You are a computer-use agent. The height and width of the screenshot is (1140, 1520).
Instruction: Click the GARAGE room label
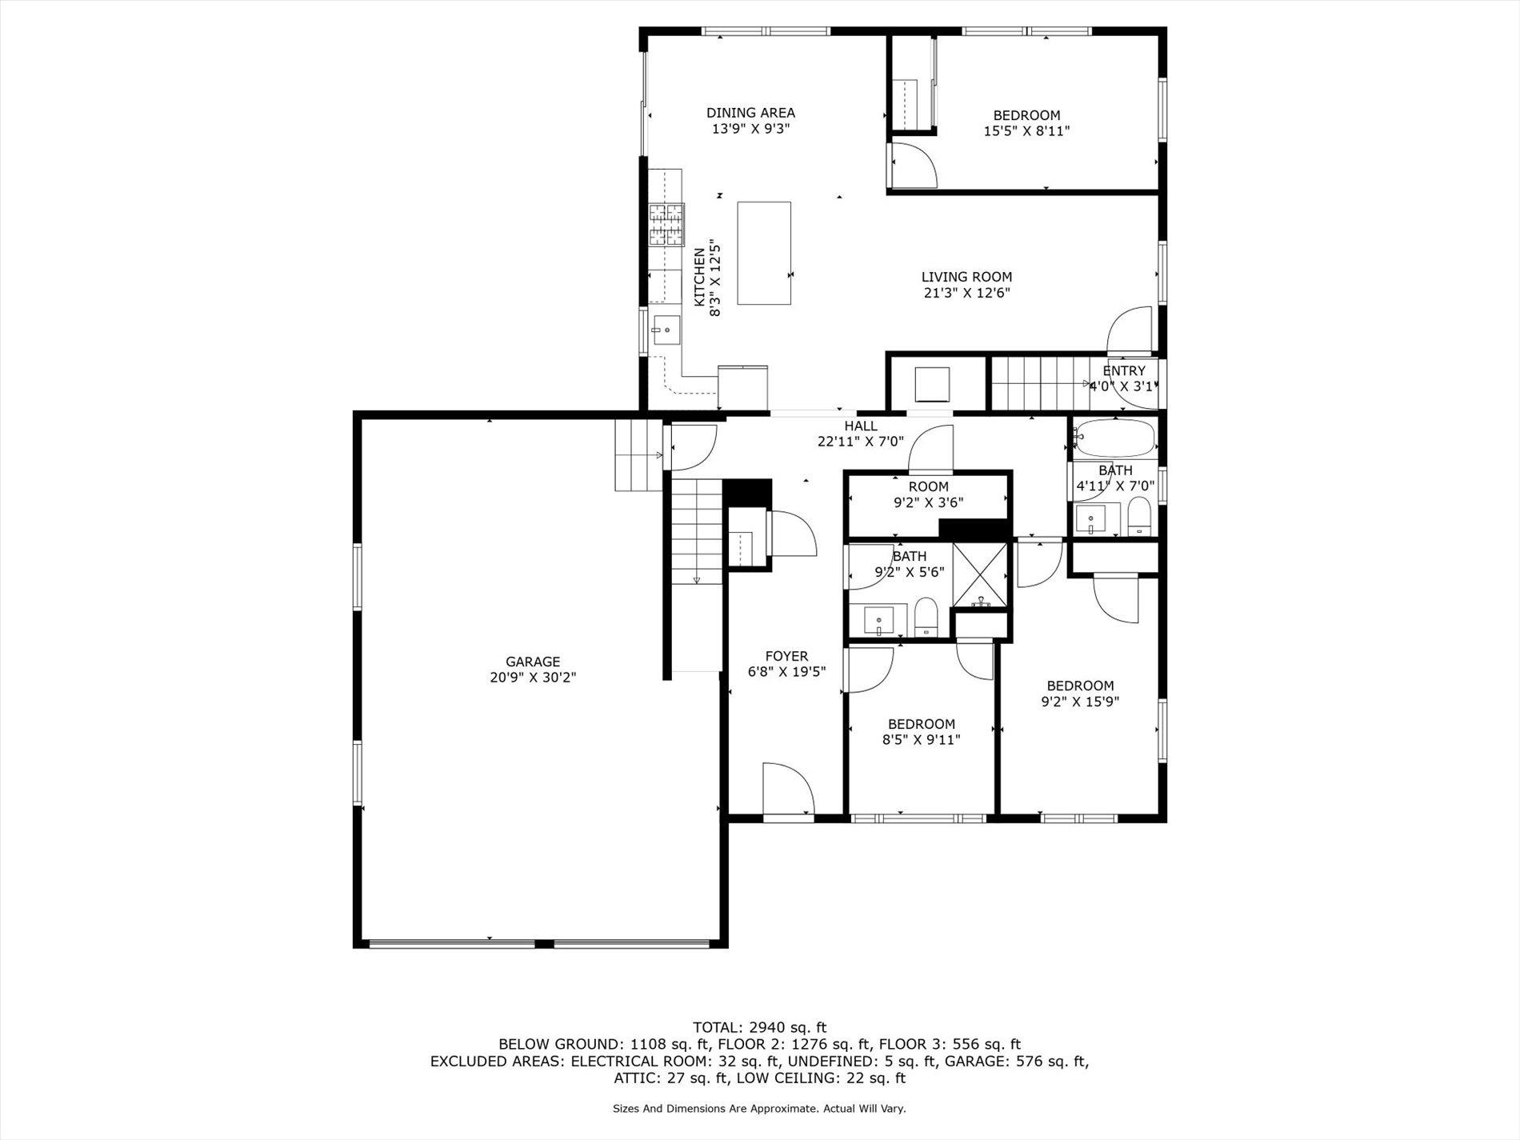click(x=532, y=662)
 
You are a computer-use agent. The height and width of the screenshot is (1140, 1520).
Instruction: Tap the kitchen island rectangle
click(x=764, y=253)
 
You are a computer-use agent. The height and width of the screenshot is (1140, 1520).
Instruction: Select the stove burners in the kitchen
click(x=666, y=225)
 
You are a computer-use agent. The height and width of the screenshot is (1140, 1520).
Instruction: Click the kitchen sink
click(x=666, y=330)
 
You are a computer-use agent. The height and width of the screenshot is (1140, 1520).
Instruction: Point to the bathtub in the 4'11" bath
click(x=1115, y=439)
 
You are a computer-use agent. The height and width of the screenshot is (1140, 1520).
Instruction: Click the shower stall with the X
click(x=981, y=572)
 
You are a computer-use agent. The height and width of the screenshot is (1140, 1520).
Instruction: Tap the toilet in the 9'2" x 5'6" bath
click(x=926, y=618)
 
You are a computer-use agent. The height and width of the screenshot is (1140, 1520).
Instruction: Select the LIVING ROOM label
click(x=966, y=278)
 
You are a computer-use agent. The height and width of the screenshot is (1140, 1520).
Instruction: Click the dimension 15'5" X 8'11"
click(x=1026, y=131)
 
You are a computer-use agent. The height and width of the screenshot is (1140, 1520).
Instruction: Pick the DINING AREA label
click(x=750, y=113)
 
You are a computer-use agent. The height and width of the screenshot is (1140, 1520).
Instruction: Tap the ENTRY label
click(x=1124, y=371)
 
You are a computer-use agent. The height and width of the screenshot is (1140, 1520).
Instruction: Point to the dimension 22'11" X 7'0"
click(x=860, y=441)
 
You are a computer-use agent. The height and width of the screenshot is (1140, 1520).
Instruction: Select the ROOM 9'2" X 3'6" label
click(x=928, y=486)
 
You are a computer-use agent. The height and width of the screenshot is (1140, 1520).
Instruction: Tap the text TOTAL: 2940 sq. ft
click(x=759, y=1027)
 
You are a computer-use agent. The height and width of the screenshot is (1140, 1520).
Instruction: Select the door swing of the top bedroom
click(x=912, y=166)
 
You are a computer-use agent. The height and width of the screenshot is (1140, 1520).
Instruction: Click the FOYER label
click(x=786, y=656)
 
